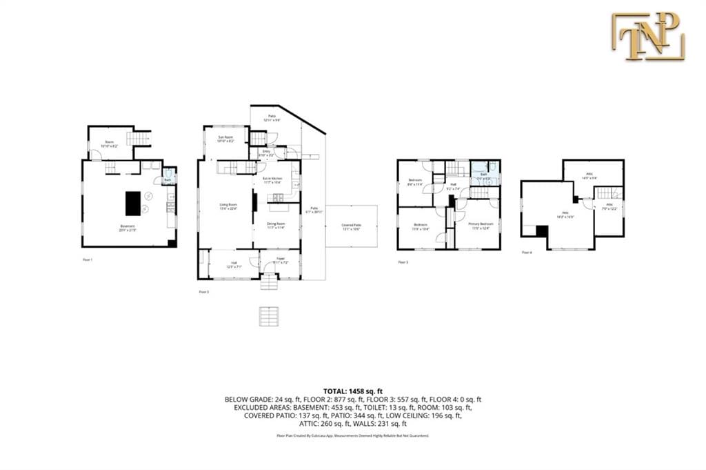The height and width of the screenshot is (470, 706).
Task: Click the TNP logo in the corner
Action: [647, 36]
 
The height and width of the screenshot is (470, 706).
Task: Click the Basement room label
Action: [128, 227]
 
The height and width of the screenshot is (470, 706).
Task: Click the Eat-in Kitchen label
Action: [272, 181]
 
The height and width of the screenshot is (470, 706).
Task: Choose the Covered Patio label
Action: [352, 226]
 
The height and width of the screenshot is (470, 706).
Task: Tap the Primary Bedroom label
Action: [479, 226]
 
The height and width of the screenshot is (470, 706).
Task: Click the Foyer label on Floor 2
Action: [281, 262]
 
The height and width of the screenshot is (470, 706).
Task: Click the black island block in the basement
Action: [133, 203]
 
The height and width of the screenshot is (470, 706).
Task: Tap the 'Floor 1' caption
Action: [87, 260]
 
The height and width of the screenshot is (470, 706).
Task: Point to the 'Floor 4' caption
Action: [527, 253]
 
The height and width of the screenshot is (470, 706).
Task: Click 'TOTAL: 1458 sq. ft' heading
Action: [352, 391]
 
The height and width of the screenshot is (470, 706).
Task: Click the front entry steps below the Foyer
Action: [270, 284]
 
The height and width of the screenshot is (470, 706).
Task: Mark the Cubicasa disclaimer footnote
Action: [352, 435]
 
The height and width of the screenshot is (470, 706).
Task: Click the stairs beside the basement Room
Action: [141, 138]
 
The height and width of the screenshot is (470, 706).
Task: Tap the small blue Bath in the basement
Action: [168, 178]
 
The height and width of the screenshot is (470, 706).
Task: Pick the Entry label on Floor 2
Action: [266, 155]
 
